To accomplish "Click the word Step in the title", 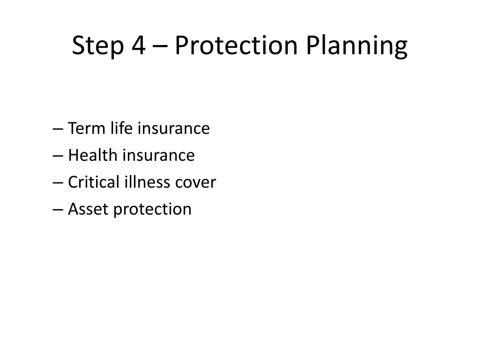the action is tap(98, 46).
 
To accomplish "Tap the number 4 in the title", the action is tap(139, 45).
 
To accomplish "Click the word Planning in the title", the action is tap(357, 46).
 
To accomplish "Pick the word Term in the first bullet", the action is tap(87, 128).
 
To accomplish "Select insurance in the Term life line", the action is tap(173, 128).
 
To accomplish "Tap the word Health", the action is tap(93, 155).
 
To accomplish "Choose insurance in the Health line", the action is tap(158, 155).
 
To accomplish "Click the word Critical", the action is tap(94, 182).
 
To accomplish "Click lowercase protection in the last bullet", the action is tap(152, 210).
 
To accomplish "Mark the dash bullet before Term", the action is tap(58, 129).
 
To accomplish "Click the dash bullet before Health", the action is tap(58, 156).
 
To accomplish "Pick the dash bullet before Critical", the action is tap(58, 183).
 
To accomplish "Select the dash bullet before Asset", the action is tap(58, 210).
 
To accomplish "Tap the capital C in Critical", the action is tap(74, 182).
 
